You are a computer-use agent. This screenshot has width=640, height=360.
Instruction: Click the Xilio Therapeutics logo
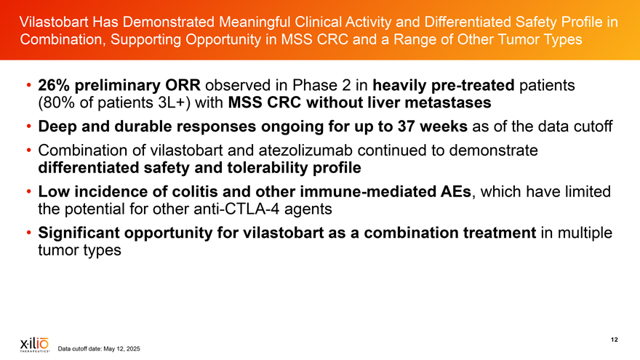[x=35, y=345]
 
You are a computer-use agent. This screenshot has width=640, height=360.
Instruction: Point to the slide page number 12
[x=615, y=340]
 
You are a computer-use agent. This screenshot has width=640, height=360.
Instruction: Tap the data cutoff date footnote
[x=99, y=348]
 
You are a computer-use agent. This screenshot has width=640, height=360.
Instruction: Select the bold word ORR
[x=183, y=85]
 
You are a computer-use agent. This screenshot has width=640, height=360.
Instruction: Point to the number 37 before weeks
[x=406, y=127]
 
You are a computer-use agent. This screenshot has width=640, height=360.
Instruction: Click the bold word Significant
[x=79, y=233]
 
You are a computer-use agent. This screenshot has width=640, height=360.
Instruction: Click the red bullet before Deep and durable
[x=29, y=127]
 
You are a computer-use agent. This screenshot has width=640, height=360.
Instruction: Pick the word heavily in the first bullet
[x=396, y=85]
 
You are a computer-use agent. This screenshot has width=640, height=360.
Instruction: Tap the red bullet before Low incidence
[x=29, y=191]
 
